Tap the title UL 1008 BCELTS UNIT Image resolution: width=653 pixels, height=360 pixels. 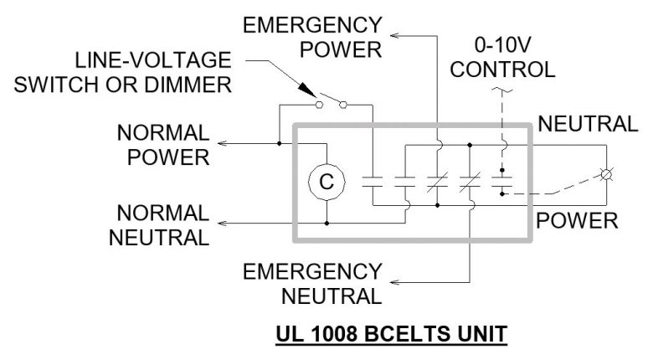(x=390, y=335)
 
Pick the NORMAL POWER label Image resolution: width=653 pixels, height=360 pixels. (x=162, y=144)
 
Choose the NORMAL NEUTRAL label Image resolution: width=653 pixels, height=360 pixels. (x=162, y=224)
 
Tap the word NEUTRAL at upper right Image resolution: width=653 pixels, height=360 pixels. (x=587, y=124)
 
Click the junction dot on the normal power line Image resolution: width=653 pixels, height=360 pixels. (x=279, y=144)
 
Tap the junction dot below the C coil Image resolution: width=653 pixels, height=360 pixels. (x=326, y=224)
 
